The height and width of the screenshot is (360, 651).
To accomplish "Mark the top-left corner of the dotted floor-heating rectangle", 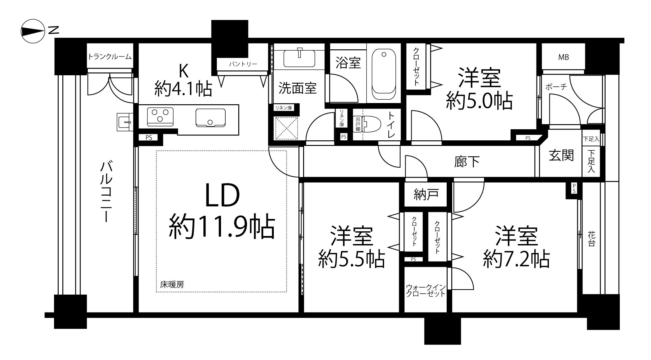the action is pyautogui.click(x=156, y=151).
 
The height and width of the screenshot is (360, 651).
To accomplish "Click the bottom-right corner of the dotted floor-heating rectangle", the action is pyautogui.click(x=286, y=292).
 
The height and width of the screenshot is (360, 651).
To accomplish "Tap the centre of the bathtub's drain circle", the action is pyautogui.click(x=384, y=55).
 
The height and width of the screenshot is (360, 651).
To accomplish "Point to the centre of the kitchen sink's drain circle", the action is pyautogui.click(x=210, y=122).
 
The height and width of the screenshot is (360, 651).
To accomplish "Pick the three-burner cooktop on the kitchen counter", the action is pyautogui.click(x=160, y=116).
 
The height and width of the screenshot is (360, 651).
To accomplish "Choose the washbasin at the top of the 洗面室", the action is pyautogui.click(x=299, y=58).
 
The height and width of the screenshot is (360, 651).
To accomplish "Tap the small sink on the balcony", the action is pyautogui.click(x=125, y=122).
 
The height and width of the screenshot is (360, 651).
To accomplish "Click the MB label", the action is pyautogui.click(x=563, y=57).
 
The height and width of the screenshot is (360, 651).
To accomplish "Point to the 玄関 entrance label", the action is pyautogui.click(x=561, y=155).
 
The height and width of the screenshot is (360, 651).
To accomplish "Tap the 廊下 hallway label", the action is pyautogui.click(x=467, y=161).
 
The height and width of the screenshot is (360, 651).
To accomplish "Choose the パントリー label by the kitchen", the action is pyautogui.click(x=243, y=64).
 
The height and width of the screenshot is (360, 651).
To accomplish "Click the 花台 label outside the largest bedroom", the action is pyautogui.click(x=591, y=239).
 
